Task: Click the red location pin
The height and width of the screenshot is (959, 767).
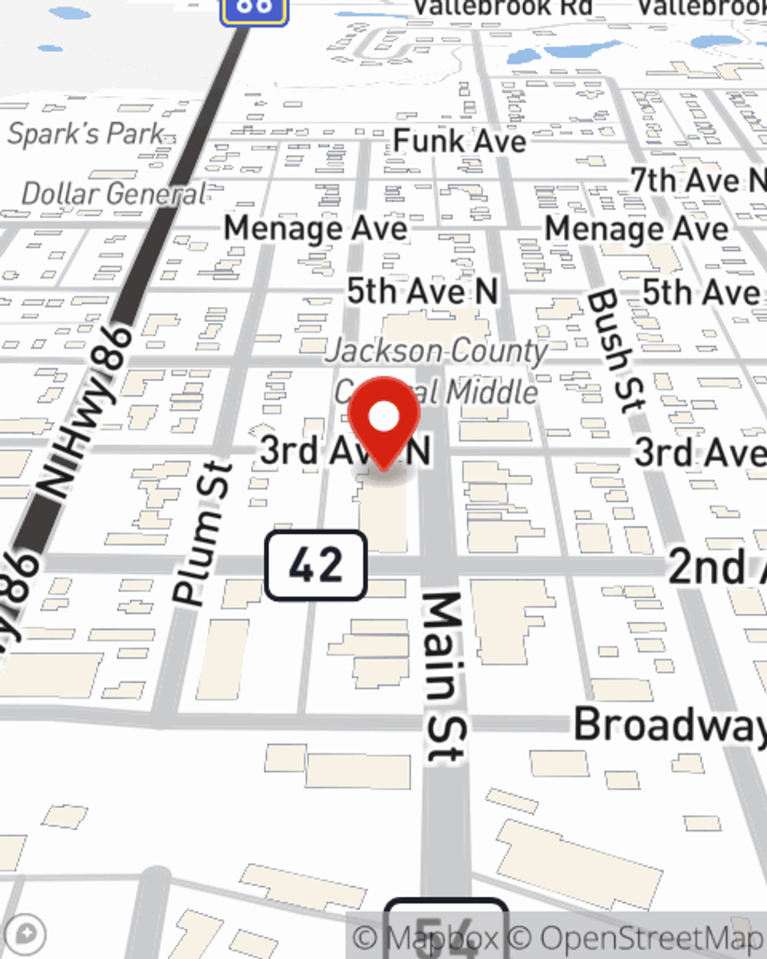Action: click(x=383, y=419)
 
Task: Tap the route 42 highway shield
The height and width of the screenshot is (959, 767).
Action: click(x=316, y=565)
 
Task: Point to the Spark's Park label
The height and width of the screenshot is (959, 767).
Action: click(x=86, y=134)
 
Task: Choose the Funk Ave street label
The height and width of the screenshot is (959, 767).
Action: click(x=459, y=141)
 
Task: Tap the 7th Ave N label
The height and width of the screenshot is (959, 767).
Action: click(x=696, y=181)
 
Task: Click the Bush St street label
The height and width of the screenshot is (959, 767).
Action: click(x=616, y=351)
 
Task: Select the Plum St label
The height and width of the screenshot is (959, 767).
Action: click(x=202, y=533)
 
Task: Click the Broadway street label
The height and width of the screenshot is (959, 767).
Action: click(x=670, y=725)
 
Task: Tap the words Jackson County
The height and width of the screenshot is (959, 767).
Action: click(x=436, y=351)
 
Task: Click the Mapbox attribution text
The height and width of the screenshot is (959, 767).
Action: click(x=424, y=938)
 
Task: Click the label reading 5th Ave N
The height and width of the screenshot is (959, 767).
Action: click(x=422, y=292)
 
